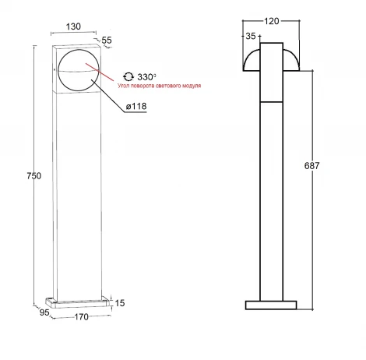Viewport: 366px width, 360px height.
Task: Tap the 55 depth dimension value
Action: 106,39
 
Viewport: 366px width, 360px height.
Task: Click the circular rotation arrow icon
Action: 128,77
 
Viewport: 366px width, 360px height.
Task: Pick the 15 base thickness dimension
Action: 120,302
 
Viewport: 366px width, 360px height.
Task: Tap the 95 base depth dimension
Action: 44,312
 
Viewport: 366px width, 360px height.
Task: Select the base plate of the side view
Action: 270,305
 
